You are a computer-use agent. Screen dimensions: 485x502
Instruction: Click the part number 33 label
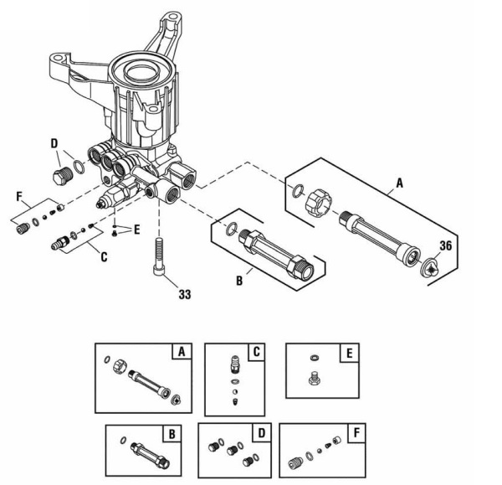pyautogui.click(x=184, y=294)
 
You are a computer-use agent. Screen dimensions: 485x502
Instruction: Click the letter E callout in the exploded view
pyautogui.click(x=136, y=228)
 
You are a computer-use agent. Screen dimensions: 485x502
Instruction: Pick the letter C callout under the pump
pyautogui.click(x=103, y=258)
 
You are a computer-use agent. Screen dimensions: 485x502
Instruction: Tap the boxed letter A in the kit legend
pyautogui.click(x=180, y=352)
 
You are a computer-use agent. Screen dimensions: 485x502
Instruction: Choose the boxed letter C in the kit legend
pyautogui.click(x=256, y=352)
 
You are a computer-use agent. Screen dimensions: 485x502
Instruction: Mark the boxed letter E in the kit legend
pyautogui.click(x=347, y=352)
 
